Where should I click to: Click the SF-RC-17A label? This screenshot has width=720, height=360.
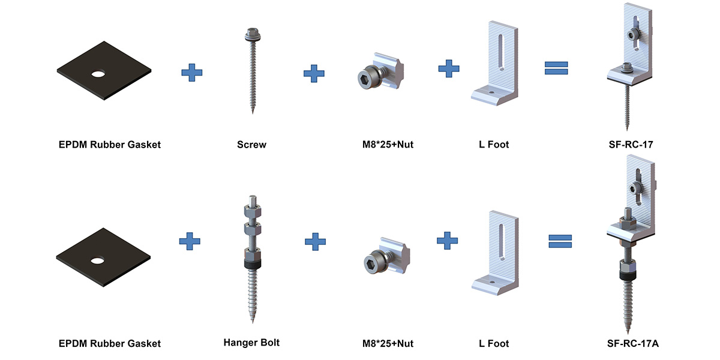pyautogui.click(x=632, y=344)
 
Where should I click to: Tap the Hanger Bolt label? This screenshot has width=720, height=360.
pyautogui.click(x=251, y=343)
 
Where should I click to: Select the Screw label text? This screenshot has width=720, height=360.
pyautogui.click(x=251, y=145)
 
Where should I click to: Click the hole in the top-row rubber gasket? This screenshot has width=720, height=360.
pyautogui.click(x=98, y=74)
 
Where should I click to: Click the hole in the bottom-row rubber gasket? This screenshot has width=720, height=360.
pyautogui.click(x=97, y=260)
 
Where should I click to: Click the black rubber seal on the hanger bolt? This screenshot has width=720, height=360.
pyautogui.click(x=253, y=264)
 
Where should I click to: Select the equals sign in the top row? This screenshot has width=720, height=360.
pyautogui.click(x=556, y=68)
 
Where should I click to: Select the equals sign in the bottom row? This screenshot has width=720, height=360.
pyautogui.click(x=560, y=241)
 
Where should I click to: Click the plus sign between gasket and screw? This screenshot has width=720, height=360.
pyautogui.click(x=192, y=73)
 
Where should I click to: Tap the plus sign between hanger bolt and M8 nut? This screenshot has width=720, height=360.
pyautogui.click(x=315, y=241)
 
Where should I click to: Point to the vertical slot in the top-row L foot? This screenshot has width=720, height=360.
pyautogui.click(x=500, y=52)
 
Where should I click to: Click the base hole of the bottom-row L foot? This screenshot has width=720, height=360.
pyautogui.click(x=492, y=283)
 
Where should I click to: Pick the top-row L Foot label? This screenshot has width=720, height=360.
pyautogui.click(x=494, y=145)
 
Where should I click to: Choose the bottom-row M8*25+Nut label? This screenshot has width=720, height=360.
pyautogui.click(x=388, y=344)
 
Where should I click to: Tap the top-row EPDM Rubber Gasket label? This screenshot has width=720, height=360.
pyautogui.click(x=110, y=145)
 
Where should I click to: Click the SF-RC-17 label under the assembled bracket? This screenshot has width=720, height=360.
pyautogui.click(x=631, y=145)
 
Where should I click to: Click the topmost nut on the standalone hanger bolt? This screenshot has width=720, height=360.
pyautogui.click(x=253, y=211)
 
